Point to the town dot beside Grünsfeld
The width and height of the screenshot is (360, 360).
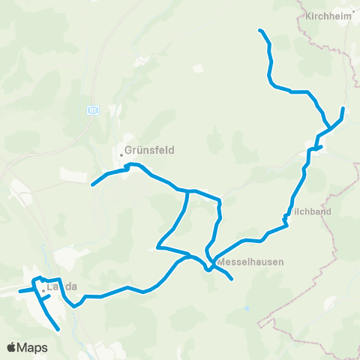point(121,155)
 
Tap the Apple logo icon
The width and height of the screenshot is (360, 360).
point(13,347)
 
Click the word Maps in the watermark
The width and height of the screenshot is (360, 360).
point(33,347)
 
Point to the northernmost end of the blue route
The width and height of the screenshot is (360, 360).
point(259,30)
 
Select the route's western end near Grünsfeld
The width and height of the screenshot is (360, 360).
point(92,184)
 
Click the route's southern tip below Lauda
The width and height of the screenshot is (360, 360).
point(58,328)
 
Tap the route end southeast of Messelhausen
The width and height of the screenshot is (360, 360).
point(232,280)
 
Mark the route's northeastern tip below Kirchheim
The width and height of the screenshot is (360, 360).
point(343,109)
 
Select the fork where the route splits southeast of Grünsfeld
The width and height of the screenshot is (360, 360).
point(185,192)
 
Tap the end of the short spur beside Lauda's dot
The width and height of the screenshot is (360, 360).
point(49,295)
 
